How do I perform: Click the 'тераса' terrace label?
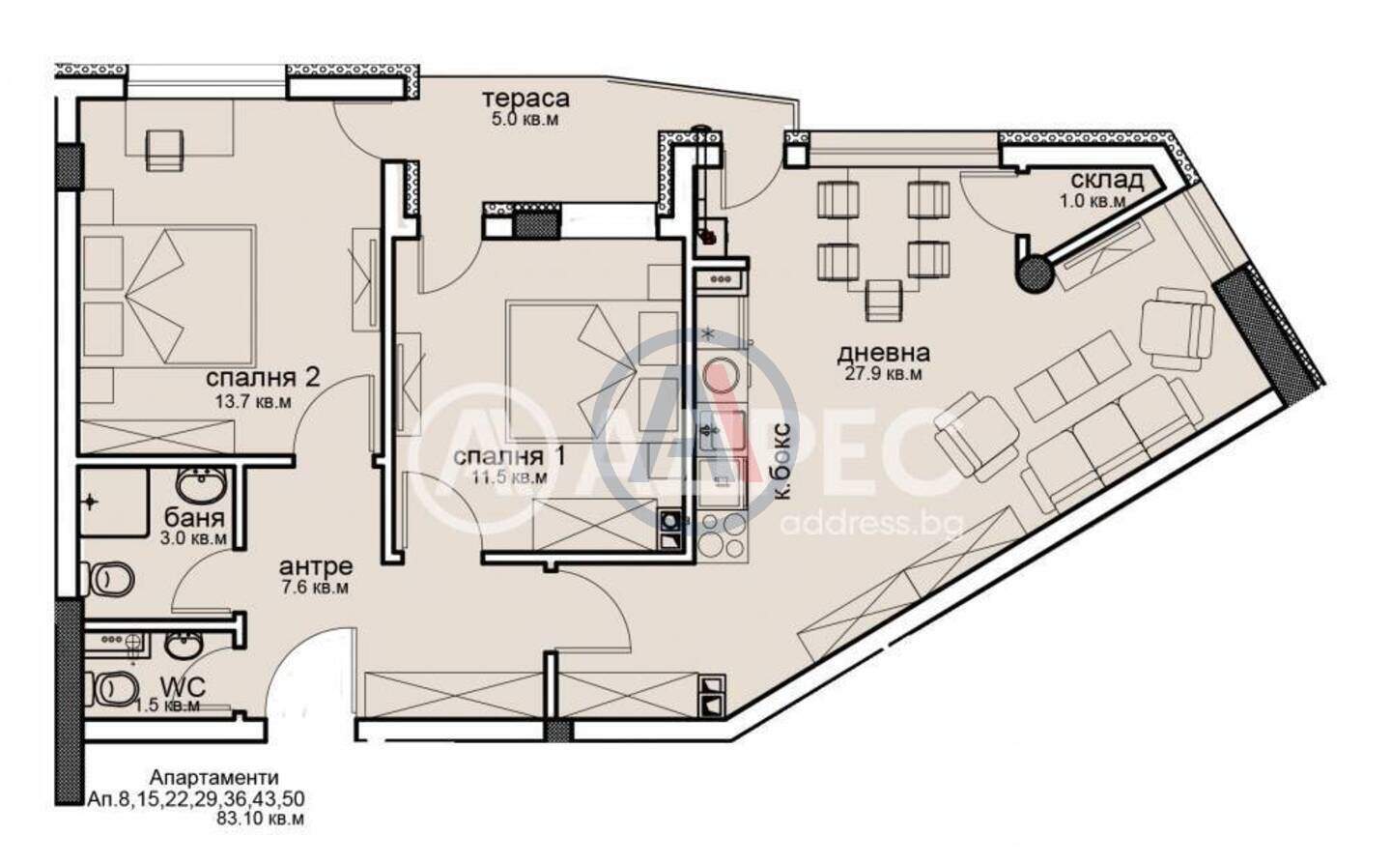click(x=525, y=99)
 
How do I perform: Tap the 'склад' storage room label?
click(x=1107, y=180)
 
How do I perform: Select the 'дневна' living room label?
click(x=883, y=354)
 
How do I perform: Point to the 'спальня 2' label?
click(x=263, y=379)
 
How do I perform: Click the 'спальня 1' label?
click(x=510, y=457)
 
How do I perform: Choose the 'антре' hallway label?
click(x=316, y=567)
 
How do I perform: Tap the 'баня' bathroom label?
click(x=194, y=518)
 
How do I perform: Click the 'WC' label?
click(x=183, y=687)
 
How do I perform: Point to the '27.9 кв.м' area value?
click(x=883, y=374)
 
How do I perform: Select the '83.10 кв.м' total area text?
click(x=260, y=820)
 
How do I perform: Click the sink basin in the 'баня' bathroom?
click(x=201, y=485)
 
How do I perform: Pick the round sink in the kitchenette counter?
click(x=722, y=376)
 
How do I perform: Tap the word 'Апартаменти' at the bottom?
click(x=214, y=778)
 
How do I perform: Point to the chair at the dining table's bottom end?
click(x=883, y=301)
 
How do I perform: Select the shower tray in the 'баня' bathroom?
click(x=114, y=503)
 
